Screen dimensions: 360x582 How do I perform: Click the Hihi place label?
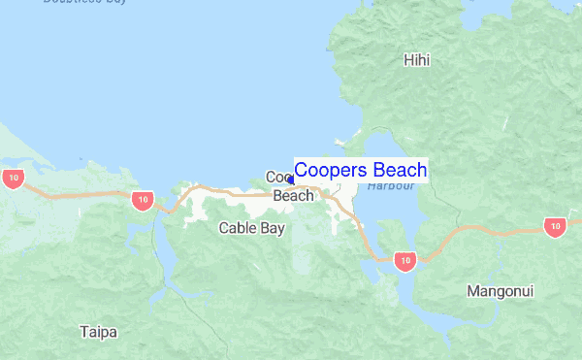(x=416, y=60)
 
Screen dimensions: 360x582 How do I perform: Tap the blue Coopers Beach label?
(x=360, y=170)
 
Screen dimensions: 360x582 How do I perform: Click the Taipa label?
(x=99, y=332)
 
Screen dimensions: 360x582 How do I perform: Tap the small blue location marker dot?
(x=290, y=180)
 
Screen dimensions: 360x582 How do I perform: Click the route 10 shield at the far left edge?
(x=13, y=178)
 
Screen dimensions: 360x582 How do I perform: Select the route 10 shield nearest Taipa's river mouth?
(x=142, y=200)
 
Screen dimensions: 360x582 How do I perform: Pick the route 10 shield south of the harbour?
(x=405, y=260)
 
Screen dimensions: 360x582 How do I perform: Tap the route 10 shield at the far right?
(x=554, y=227)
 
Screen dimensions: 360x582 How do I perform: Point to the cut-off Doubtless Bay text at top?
(x=85, y=2)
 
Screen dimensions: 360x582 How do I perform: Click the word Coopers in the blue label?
(x=325, y=170)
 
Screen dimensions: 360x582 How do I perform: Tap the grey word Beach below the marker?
(x=293, y=195)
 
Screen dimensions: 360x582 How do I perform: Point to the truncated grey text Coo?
(x=278, y=178)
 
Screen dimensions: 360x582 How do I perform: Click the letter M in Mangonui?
(x=472, y=290)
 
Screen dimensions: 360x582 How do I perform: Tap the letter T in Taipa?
(x=84, y=332)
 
